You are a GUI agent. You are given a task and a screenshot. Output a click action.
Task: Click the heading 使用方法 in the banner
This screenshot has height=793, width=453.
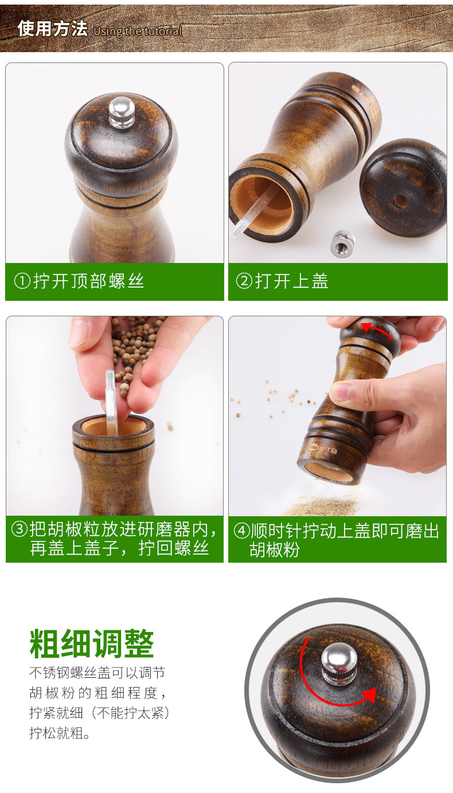[x=52, y=29]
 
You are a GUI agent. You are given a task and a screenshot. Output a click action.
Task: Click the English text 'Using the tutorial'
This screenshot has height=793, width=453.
[x=138, y=32]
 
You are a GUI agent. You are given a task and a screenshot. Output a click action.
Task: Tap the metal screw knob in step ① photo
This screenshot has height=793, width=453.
[x=122, y=112]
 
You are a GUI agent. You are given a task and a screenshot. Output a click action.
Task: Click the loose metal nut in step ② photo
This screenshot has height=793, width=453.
[x=342, y=243]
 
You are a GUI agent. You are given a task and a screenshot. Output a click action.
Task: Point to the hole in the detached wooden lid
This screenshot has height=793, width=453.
[x=401, y=201]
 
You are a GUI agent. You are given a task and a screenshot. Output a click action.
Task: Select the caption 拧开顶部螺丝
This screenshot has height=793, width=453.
[x=88, y=281]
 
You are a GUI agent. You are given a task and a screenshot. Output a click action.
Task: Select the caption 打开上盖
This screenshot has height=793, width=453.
[x=292, y=281]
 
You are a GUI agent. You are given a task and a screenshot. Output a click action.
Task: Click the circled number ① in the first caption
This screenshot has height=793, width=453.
[x=22, y=281]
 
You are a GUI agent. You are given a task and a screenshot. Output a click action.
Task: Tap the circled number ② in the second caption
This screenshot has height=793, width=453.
[x=244, y=281]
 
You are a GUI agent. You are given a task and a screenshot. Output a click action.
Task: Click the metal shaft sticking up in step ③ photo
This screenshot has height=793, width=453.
[x=111, y=402]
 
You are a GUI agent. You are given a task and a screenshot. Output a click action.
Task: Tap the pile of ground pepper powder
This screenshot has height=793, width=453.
[x=322, y=505]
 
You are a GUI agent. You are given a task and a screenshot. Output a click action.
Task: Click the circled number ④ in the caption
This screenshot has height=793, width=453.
[x=242, y=531]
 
